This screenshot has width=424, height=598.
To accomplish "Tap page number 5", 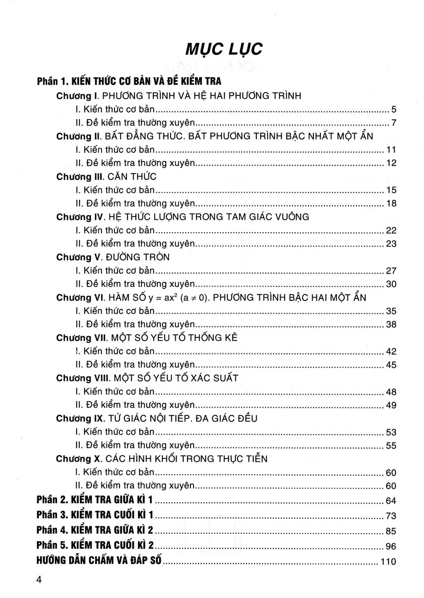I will [393, 109].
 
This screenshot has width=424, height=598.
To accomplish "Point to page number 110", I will [387, 563].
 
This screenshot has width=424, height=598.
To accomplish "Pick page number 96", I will [390, 546].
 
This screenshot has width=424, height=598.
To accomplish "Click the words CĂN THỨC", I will [130, 176].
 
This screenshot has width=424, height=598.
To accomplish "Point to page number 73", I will [390, 515].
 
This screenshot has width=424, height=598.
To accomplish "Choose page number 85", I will [390, 531].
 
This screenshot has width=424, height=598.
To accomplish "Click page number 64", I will [390, 500].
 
